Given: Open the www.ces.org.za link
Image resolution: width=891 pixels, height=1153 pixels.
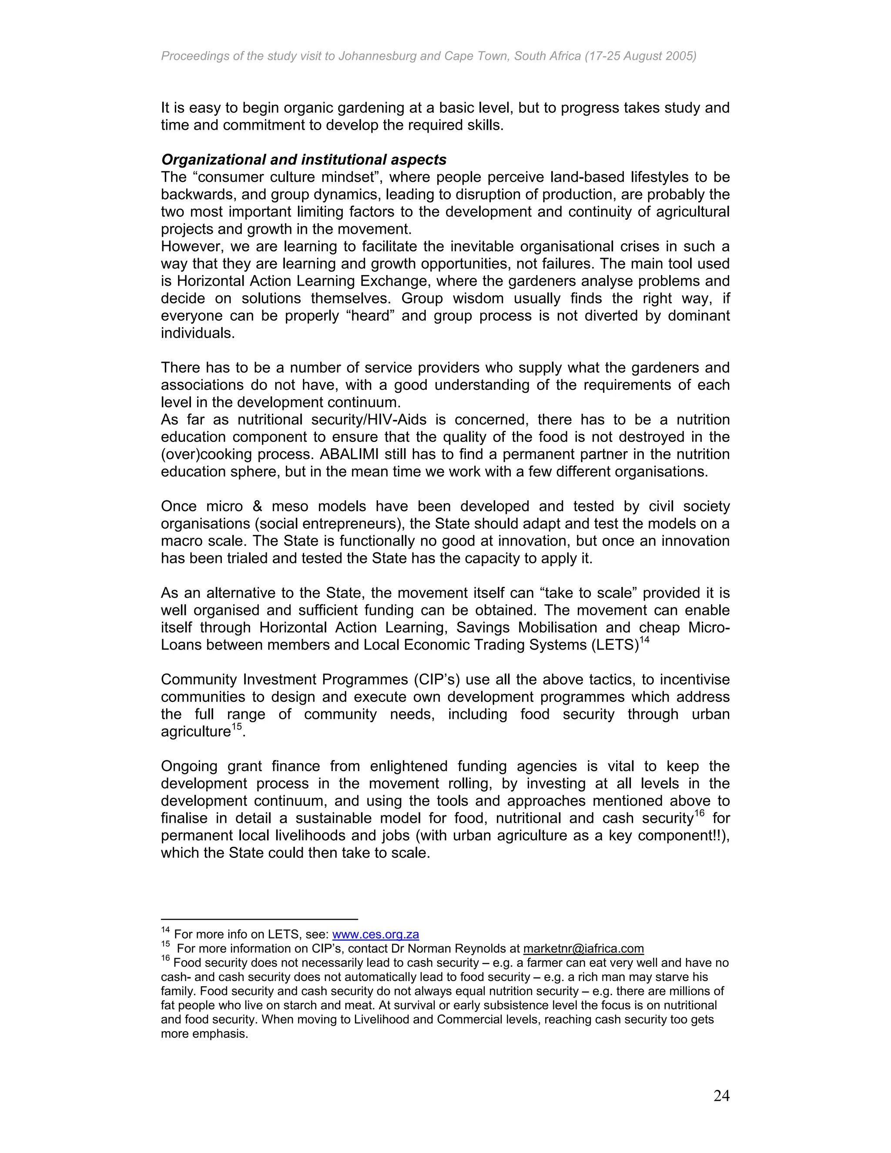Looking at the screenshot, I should [375, 935].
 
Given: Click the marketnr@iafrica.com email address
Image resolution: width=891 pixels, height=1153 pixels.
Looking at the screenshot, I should [583, 949].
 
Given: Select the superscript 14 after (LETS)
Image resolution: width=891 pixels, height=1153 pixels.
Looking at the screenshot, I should [644, 640].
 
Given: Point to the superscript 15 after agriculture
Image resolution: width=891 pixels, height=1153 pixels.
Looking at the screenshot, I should [237, 727].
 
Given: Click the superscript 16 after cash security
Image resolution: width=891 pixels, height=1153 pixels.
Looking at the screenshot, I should [700, 814].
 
